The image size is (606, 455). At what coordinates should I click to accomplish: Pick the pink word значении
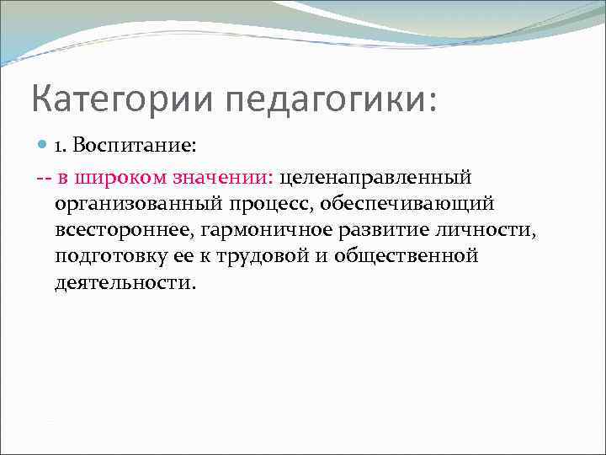pos(222,178)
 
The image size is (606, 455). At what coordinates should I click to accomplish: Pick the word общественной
pos(406,255)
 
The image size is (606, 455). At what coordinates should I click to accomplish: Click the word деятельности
pos(125,281)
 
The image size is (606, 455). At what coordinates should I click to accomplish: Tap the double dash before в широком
pos(45,179)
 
